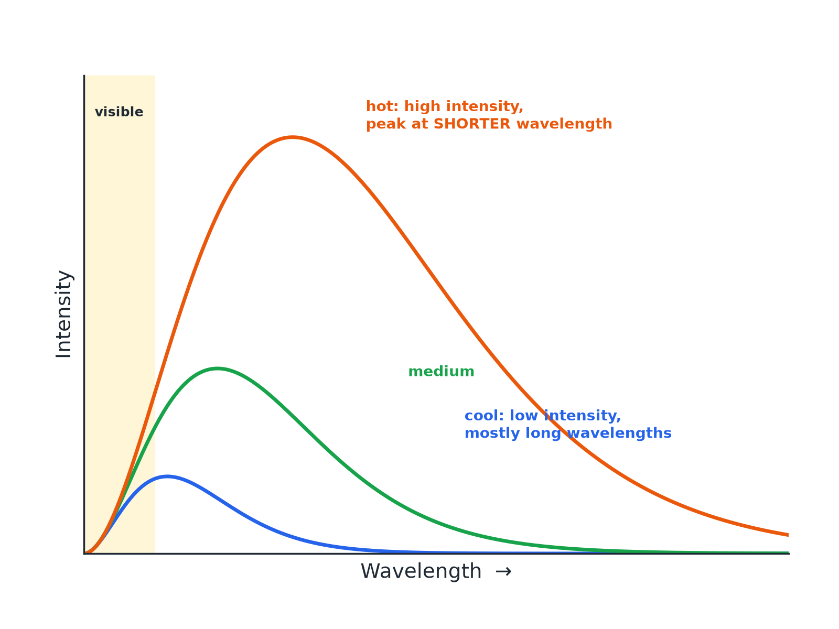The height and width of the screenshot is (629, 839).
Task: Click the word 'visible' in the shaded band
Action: point(119,112)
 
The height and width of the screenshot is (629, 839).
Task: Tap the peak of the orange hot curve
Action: point(293,137)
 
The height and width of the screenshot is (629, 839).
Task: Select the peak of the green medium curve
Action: point(218,368)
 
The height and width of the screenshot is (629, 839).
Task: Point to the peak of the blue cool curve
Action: point(167,476)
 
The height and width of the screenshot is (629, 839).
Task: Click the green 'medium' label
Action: point(441,371)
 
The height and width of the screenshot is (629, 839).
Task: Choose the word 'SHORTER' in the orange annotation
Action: point(472,124)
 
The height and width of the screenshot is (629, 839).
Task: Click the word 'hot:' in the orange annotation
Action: point(382,106)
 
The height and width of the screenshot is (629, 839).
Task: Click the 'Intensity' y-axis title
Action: point(63,314)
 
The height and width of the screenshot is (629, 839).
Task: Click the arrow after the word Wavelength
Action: point(503,572)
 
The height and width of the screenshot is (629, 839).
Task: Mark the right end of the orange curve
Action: point(789,535)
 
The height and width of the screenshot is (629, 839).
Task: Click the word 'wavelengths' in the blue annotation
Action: point(619,433)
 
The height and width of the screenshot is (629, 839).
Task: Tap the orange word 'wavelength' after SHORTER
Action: point(564,124)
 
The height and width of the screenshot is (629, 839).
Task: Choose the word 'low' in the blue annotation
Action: point(524,416)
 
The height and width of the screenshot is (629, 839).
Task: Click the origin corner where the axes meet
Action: point(84,554)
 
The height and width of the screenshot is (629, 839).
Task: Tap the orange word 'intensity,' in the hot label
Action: point(485,107)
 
